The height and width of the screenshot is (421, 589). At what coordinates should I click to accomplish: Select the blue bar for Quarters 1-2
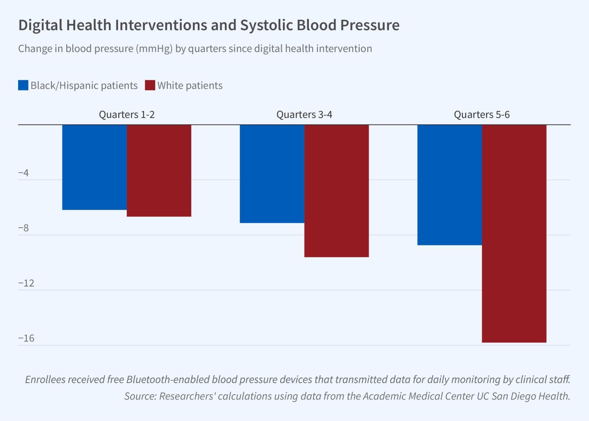pyautogui.click(x=94, y=167)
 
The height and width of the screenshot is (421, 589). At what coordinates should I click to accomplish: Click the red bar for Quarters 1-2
pyautogui.click(x=159, y=170)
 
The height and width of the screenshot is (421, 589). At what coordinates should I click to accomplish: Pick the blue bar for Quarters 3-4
pyautogui.click(x=272, y=174)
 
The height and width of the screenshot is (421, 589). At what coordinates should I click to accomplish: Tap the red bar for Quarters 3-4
pyautogui.click(x=337, y=190)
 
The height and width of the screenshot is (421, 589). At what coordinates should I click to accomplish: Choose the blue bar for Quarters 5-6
pyautogui.click(x=450, y=184)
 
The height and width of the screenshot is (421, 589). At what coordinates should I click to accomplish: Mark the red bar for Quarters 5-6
pyautogui.click(x=514, y=233)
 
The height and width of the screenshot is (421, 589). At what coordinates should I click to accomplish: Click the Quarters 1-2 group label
pyautogui.click(x=126, y=115)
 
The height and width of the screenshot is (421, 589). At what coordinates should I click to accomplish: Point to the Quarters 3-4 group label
pyautogui.click(x=304, y=115)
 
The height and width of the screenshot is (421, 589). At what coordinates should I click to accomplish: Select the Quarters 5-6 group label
pyautogui.click(x=482, y=115)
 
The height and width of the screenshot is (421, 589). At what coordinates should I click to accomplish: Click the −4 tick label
pyautogui.click(x=24, y=173)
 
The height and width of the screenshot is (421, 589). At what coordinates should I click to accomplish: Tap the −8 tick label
pyautogui.click(x=24, y=228)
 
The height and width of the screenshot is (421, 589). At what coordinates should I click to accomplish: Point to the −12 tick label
pyautogui.click(x=26, y=283)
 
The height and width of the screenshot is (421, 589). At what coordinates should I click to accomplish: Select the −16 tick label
pyautogui.click(x=26, y=339)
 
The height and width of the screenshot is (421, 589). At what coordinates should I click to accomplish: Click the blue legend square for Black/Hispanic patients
pyautogui.click(x=23, y=85)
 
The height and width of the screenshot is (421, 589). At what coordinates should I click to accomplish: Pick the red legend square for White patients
pyautogui.click(x=150, y=85)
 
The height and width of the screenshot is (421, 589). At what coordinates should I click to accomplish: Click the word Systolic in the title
pyautogui.click(x=266, y=25)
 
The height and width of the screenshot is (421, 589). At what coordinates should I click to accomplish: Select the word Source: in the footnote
pyautogui.click(x=140, y=396)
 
